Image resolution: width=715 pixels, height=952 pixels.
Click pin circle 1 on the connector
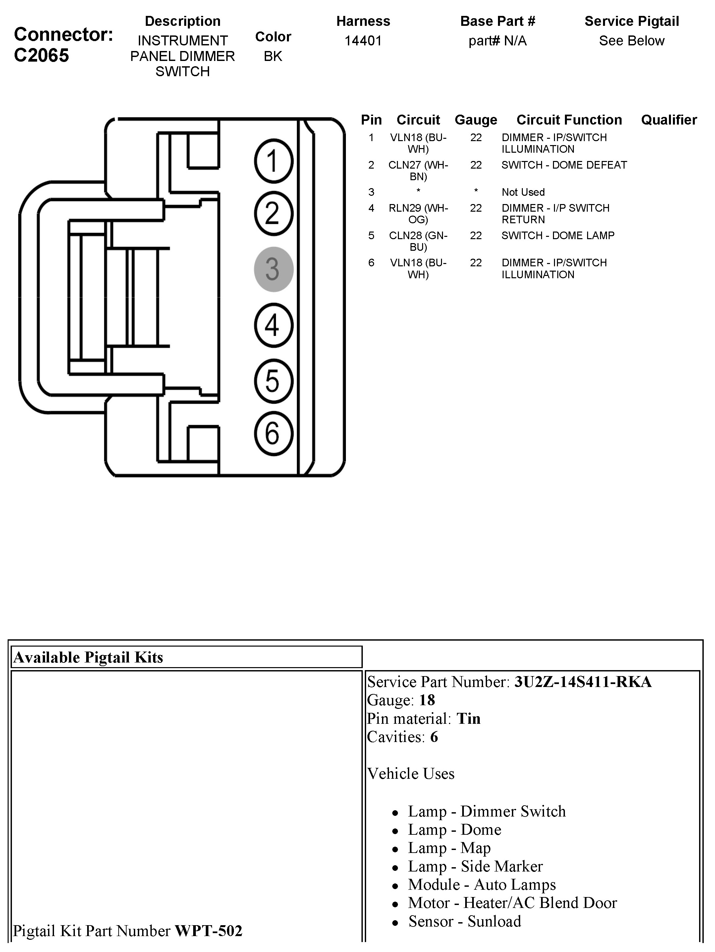point(273,161)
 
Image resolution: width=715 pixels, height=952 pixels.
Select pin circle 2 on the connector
point(273,213)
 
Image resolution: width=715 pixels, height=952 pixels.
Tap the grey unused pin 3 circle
point(273,269)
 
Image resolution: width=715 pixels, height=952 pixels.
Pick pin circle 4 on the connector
point(273,325)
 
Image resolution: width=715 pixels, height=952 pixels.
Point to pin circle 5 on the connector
point(273,381)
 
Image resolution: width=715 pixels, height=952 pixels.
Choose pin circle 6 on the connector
point(273,433)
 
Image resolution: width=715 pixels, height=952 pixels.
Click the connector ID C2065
point(41,56)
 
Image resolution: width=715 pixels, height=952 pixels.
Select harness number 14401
point(363,41)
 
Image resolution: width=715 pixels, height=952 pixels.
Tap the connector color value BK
point(273,56)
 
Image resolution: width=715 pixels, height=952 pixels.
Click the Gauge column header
point(476,120)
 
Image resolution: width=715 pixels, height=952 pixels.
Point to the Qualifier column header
point(669,120)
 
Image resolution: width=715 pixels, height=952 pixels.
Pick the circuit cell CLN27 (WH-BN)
point(418,171)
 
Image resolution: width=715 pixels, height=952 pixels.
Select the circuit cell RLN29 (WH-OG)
point(418,213)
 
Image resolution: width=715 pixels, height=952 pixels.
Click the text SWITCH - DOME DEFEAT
point(564,165)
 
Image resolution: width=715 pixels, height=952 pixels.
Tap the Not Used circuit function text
point(523,192)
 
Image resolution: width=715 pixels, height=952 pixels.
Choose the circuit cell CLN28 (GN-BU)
point(418,241)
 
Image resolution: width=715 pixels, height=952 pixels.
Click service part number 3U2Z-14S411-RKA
point(583,682)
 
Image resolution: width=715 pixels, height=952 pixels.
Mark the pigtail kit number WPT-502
point(208,931)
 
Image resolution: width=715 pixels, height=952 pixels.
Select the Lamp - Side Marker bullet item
point(475,866)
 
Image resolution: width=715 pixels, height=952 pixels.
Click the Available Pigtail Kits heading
point(88,658)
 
